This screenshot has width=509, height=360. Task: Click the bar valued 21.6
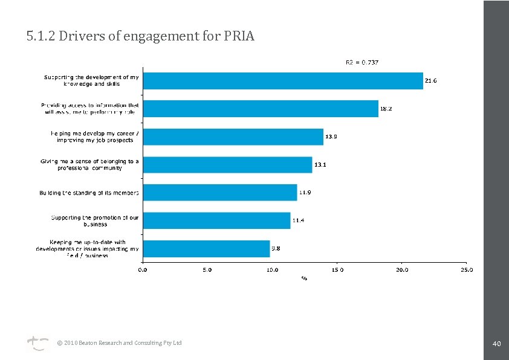pos(283,81)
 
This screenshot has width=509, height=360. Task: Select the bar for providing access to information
pos(261,109)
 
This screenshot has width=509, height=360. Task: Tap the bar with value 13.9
pos(233,137)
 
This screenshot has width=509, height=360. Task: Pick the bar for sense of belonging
pos(227,165)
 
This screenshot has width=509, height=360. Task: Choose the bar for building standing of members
pos(220,193)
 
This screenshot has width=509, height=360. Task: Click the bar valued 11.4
pos(216,220)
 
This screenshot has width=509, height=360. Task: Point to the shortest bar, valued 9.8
pos(206,248)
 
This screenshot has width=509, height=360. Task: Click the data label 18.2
pos(386,109)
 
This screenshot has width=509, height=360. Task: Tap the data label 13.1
pos(320,165)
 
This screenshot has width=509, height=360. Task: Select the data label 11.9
pos(304,193)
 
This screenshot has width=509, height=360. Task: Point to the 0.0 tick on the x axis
pos(143,270)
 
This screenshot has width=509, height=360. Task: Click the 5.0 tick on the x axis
pos(207,270)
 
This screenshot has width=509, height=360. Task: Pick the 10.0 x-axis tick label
pos(272,270)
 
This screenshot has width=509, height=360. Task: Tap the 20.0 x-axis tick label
pos(401,270)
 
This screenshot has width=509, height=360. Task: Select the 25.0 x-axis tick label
pos(466,270)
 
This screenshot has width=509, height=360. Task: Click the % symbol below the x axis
pos(305,278)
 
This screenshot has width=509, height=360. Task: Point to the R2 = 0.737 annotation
pos(361,62)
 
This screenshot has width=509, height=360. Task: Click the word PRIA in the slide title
pos(239,37)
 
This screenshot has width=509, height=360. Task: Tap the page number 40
pos(496,344)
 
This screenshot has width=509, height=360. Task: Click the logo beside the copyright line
pos(37,344)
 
